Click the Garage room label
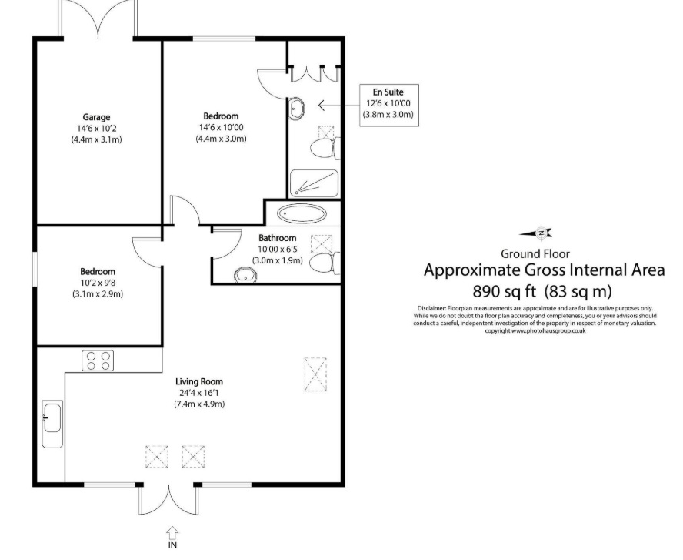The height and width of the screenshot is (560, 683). click(x=96, y=117)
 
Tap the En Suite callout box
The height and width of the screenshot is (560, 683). click(x=388, y=103)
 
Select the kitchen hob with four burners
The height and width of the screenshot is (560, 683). click(x=97, y=360)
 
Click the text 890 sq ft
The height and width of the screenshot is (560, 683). click(x=505, y=291)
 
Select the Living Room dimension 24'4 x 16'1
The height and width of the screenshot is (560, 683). click(x=198, y=393)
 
